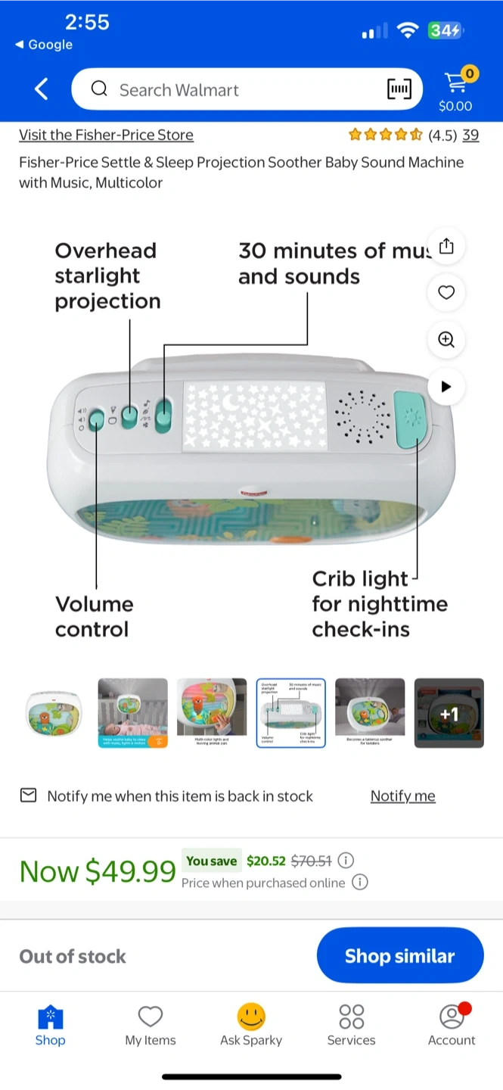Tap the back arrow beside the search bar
(x=42, y=89)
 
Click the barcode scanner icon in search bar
(x=400, y=89)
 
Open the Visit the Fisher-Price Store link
(x=106, y=135)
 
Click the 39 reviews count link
(x=470, y=135)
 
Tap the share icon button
(x=446, y=246)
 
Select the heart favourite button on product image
(x=446, y=292)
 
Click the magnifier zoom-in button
(x=446, y=339)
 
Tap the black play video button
(x=446, y=386)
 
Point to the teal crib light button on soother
(x=411, y=420)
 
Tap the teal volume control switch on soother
(x=97, y=419)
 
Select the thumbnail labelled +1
(x=449, y=713)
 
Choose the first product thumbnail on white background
(x=53, y=713)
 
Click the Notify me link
(x=402, y=796)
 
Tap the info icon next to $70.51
(x=346, y=861)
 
